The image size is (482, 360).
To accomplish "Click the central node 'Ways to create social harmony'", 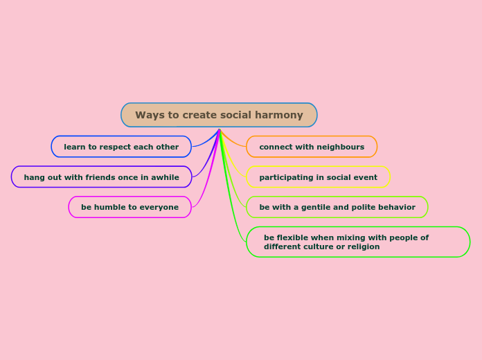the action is [219, 115].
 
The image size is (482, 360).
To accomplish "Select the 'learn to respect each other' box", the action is [121, 147].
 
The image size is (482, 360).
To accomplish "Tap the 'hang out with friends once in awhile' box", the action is [101, 177].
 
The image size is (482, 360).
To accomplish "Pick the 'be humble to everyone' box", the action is [130, 207].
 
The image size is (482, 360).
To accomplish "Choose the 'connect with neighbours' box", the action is [312, 147].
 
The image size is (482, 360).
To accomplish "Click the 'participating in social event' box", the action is [318, 177].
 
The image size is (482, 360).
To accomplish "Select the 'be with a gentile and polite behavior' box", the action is [337, 207].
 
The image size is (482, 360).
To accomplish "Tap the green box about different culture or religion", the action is [358, 242].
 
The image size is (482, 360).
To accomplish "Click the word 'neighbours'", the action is [341, 147].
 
